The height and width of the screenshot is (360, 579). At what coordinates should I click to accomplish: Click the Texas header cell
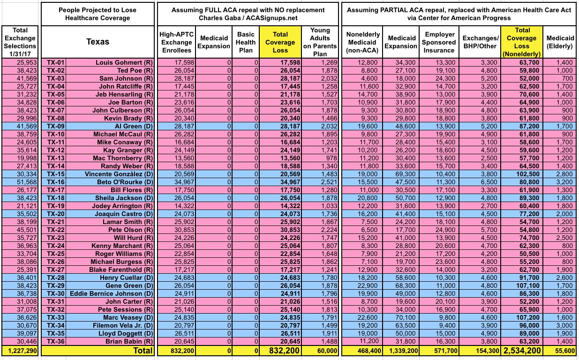click(98, 42)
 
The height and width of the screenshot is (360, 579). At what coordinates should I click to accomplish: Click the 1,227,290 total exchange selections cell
click(21, 350)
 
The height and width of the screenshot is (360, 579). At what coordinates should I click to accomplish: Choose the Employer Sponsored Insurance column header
click(440, 42)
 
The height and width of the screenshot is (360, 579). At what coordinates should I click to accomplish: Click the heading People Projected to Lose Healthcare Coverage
click(98, 14)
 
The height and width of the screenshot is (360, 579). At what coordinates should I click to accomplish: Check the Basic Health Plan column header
click(246, 42)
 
